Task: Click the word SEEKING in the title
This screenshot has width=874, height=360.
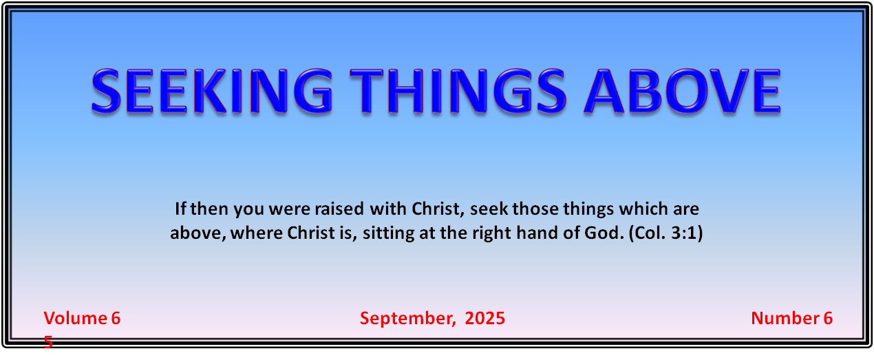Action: [211, 92]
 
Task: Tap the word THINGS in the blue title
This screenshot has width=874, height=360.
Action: [457, 92]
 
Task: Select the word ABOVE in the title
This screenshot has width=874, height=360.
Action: [682, 92]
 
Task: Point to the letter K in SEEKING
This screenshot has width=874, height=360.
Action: [210, 92]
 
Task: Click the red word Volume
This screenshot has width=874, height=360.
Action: [75, 318]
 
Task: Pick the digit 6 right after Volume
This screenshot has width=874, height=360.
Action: [116, 319]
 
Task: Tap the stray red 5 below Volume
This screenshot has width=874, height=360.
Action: [48, 342]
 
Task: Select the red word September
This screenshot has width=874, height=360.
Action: [407, 319]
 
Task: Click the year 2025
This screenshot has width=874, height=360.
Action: [485, 318]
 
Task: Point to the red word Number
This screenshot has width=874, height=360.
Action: [785, 318]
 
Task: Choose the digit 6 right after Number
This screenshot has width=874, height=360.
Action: [828, 319]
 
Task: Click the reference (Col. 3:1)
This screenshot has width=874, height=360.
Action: [665, 233]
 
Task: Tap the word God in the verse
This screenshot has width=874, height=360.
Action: [604, 233]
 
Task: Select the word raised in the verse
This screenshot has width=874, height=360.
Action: [339, 209]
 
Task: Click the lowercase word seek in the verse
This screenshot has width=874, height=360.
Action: [489, 209]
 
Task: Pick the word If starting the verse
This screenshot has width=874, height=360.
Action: [180, 209]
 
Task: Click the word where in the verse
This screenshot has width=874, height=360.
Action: [256, 233]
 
